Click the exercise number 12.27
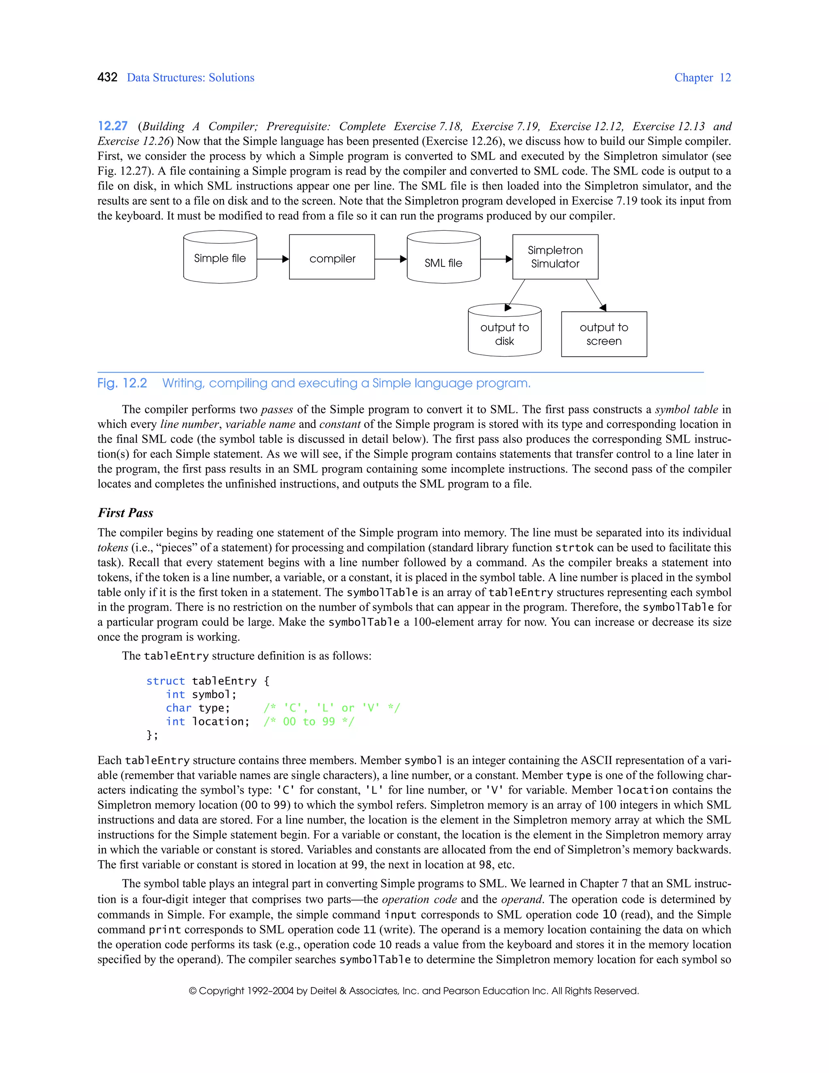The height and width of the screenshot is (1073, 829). coord(113,126)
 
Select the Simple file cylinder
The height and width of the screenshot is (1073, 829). coord(220,258)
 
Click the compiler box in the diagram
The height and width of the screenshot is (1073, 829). coord(332,258)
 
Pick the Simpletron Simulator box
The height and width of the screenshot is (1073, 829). coord(555,257)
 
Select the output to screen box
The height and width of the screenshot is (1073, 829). coord(604,334)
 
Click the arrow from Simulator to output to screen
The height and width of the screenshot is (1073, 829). coord(595,295)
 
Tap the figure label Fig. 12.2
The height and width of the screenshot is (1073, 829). coord(122,383)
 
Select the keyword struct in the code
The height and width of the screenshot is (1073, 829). coord(166,681)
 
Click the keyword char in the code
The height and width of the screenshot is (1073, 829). coord(178,708)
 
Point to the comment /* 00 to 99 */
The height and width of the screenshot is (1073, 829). coord(308,722)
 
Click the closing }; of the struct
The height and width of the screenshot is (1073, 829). coord(152,735)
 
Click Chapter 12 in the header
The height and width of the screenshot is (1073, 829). coord(702,78)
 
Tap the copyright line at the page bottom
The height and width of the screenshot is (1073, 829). coord(414,991)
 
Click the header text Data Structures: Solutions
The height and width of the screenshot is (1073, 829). coord(191,78)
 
